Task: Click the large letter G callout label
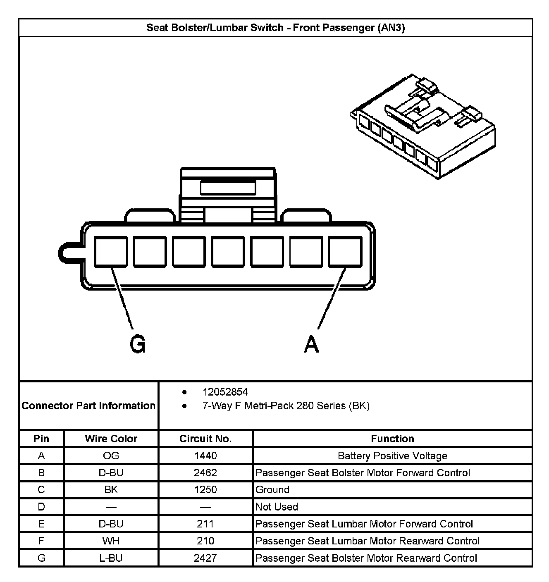pyautogui.click(x=138, y=343)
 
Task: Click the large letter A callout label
pyautogui.click(x=312, y=343)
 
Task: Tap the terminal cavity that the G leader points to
pyautogui.click(x=111, y=252)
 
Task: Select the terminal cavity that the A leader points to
pyautogui.click(x=346, y=252)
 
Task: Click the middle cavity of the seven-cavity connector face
pyautogui.click(x=228, y=252)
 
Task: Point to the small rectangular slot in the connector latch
pyautogui.click(x=228, y=188)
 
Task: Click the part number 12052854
pyautogui.click(x=225, y=392)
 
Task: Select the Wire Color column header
pyautogui.click(x=111, y=439)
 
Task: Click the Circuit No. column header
pyautogui.click(x=205, y=439)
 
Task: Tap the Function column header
pyautogui.click(x=392, y=439)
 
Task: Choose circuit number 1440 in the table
pyautogui.click(x=205, y=456)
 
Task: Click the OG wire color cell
pyautogui.click(x=111, y=456)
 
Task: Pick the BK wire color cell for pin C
pyautogui.click(x=111, y=490)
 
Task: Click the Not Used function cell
pyautogui.click(x=277, y=507)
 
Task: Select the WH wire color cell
pyautogui.click(x=111, y=541)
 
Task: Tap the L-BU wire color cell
pyautogui.click(x=111, y=558)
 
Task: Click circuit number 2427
pyautogui.click(x=205, y=558)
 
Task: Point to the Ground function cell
pyautogui.click(x=272, y=490)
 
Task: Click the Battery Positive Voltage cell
pyautogui.click(x=392, y=456)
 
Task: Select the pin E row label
pyautogui.click(x=41, y=524)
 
